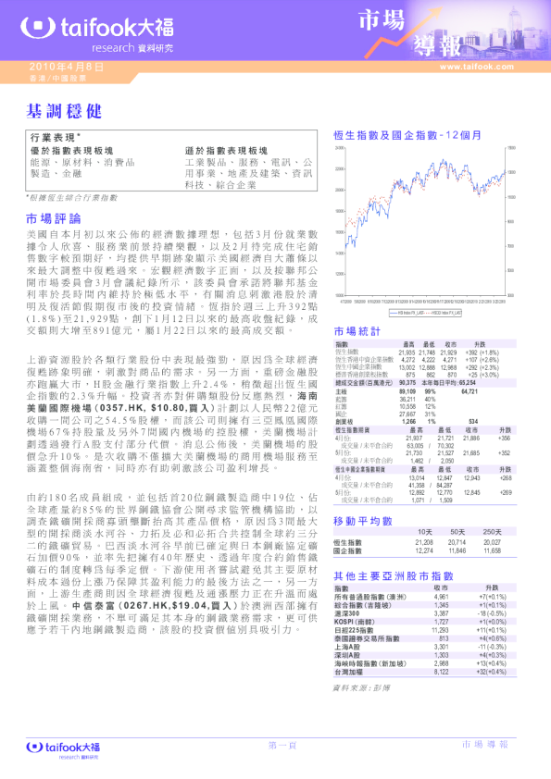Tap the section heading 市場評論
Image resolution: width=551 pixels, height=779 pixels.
[x=52, y=219]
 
